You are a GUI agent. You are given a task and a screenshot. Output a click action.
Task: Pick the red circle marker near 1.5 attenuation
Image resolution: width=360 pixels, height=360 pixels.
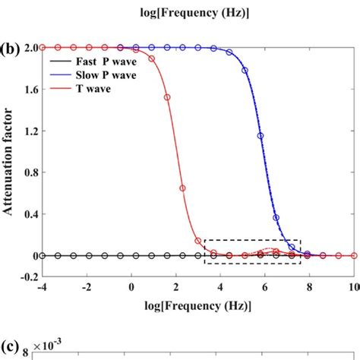167,97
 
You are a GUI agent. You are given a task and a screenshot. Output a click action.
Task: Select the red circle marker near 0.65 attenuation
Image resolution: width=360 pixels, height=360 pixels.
182,188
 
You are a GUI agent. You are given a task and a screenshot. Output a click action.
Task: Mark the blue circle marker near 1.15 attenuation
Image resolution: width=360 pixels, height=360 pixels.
261,136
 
